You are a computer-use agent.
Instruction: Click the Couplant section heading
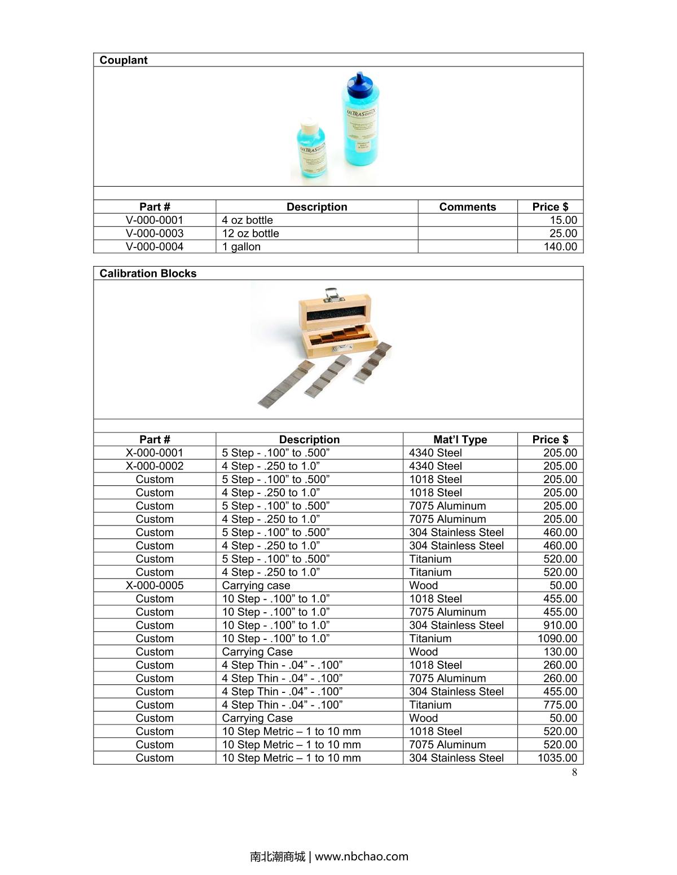pos(124,60)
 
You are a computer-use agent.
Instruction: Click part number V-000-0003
pos(155,233)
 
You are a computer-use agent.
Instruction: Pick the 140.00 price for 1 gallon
pos(560,246)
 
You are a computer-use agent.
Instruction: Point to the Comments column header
pos(467,207)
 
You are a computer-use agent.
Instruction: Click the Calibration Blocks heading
pos(148,273)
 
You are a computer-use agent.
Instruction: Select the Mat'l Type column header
pos(460,440)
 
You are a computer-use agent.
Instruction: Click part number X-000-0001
pos(155,453)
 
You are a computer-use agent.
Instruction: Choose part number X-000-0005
pos(155,585)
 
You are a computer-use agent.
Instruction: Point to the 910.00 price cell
pos(560,625)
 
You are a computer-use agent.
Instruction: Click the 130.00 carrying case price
pos(560,652)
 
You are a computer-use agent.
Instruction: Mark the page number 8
pos(574,772)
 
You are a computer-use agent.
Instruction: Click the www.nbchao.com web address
pos(361,856)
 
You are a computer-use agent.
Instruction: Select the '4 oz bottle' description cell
pos(247,220)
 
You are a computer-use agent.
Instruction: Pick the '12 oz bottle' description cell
pos(250,233)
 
